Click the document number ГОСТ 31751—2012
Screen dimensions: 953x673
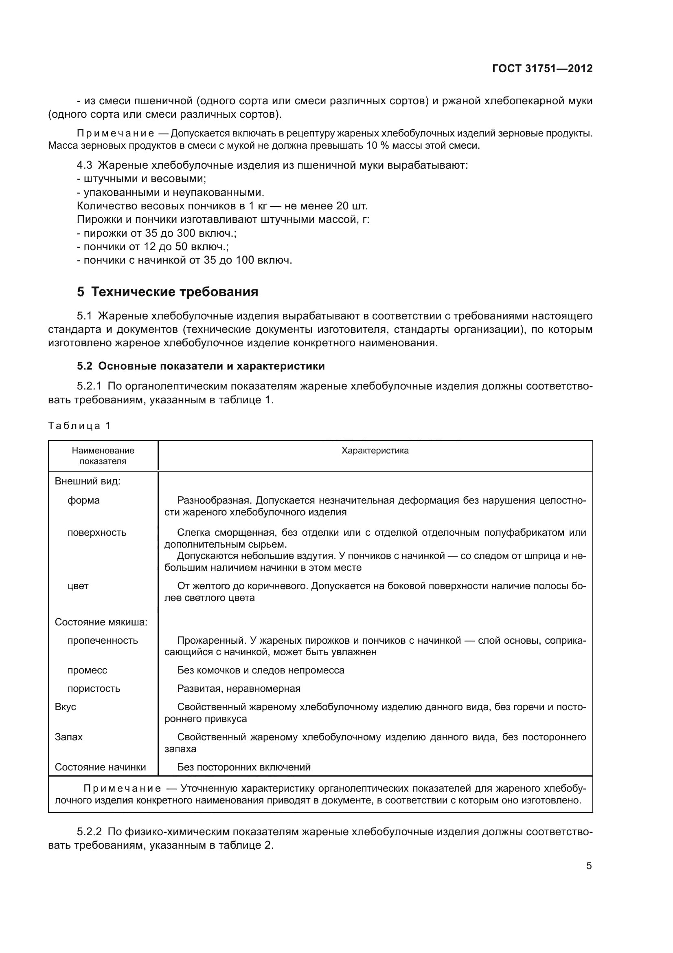point(542,68)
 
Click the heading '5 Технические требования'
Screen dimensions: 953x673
point(167,292)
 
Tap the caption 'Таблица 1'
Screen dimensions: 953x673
point(79,425)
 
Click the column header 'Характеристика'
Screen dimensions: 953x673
point(375,451)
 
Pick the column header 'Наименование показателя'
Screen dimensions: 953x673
point(103,456)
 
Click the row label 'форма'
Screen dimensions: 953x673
point(83,500)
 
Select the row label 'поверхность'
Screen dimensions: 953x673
point(96,533)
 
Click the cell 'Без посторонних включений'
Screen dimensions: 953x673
point(243,767)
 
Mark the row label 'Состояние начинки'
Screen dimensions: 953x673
point(100,767)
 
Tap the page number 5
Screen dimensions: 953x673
point(588,866)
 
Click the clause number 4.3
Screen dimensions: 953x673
point(84,165)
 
